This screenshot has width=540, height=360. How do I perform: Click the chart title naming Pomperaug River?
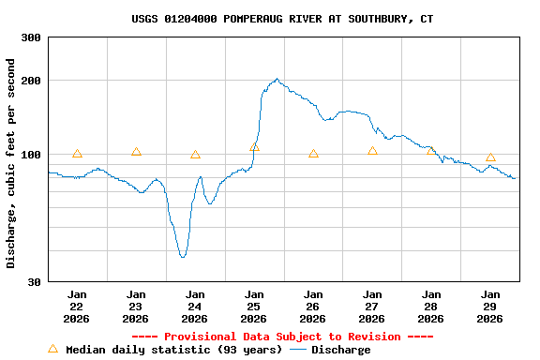point(282,19)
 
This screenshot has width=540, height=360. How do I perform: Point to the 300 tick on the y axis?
point(31,37)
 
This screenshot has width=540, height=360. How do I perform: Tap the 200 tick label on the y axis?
point(31,81)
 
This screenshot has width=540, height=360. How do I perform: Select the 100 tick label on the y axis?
point(31,155)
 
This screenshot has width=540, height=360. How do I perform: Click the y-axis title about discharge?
point(11,163)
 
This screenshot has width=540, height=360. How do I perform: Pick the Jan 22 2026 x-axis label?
point(77,306)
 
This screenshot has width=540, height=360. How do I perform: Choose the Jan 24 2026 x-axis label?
point(195,306)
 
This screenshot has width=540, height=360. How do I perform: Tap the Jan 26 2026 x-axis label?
point(313,306)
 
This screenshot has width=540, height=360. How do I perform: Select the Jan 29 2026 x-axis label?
point(489,306)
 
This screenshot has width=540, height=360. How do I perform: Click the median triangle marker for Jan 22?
point(77,154)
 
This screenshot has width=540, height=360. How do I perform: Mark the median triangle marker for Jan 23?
point(136,152)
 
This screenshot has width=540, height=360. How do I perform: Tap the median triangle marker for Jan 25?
point(254,147)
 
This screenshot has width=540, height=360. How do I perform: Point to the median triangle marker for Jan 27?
point(372,151)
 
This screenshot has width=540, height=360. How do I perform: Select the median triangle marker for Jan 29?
point(490,157)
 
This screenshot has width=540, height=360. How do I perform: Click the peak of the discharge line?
point(277,80)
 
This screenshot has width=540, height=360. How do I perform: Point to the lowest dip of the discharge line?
point(183,256)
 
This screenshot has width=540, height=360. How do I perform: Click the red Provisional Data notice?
point(282,337)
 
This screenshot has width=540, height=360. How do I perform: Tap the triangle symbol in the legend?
point(52,349)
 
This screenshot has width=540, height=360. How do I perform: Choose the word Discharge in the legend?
point(340,350)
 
